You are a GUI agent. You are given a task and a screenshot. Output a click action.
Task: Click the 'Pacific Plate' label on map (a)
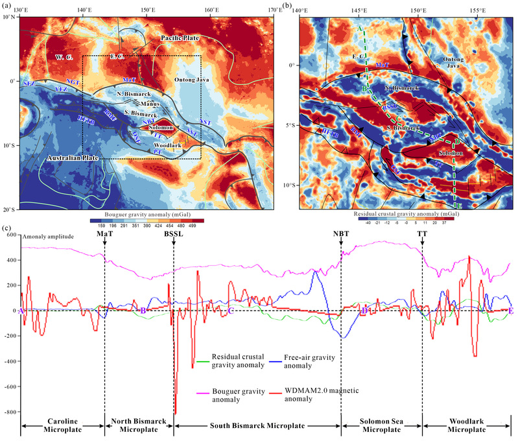click(182, 40)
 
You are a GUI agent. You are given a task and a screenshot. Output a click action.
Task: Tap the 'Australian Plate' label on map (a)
click(76, 158)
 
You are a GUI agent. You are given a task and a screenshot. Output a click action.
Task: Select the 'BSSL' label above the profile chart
click(174, 233)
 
